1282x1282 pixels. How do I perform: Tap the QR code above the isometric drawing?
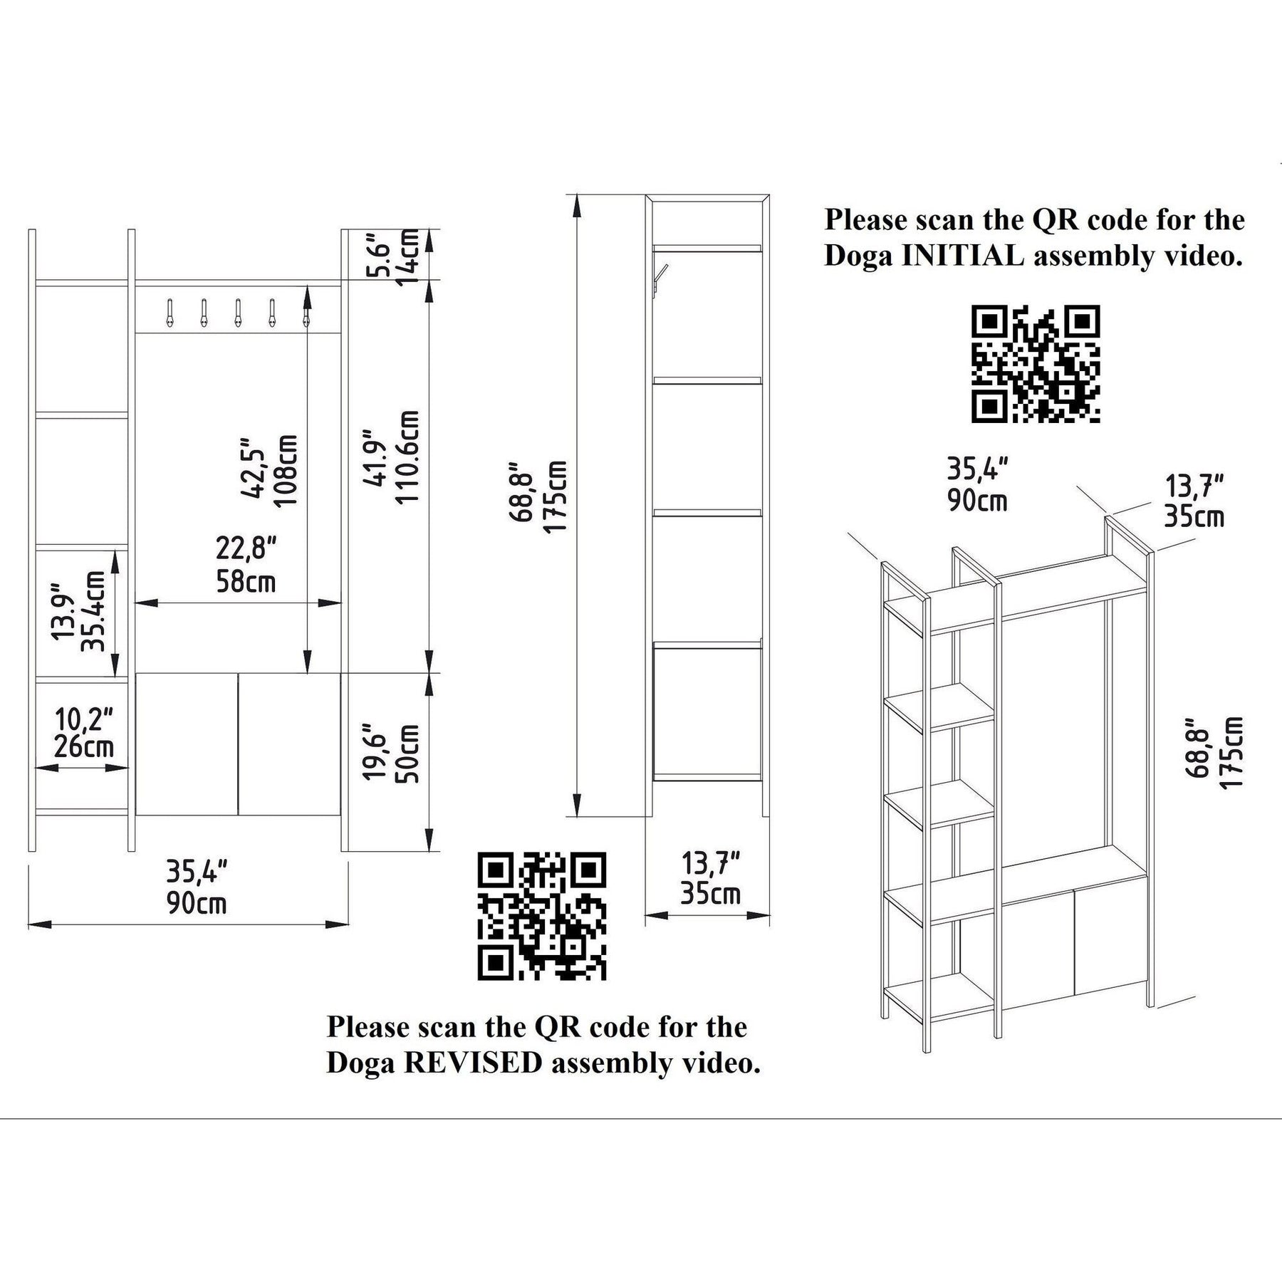point(1036,364)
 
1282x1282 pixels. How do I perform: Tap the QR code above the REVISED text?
point(541,915)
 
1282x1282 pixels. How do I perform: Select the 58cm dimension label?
point(246,582)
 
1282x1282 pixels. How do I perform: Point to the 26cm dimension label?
point(84,747)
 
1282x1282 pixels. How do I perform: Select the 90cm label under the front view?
point(197,903)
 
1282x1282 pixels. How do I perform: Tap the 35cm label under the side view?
point(710,892)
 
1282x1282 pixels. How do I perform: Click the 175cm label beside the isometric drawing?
point(1231,751)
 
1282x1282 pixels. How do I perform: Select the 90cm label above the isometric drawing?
point(977,501)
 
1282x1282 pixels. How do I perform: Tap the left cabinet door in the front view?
point(187,744)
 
